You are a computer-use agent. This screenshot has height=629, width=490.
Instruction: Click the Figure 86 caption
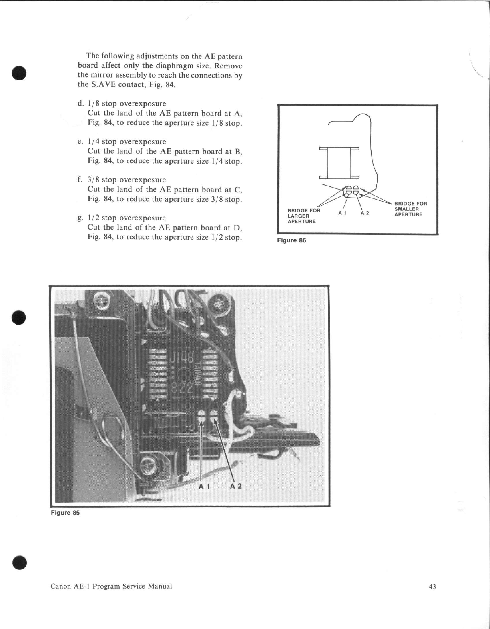coord(291,240)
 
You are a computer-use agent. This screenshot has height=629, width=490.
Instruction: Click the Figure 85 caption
coord(65,513)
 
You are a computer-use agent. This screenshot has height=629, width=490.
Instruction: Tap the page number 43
coord(432,587)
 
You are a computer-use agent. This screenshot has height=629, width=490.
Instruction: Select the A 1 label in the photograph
coord(205,486)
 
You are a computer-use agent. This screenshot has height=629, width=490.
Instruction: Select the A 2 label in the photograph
coord(236,486)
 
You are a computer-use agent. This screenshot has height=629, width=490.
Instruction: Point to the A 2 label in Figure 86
coord(365,213)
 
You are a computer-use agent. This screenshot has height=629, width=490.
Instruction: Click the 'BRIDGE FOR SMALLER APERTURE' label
coord(410,209)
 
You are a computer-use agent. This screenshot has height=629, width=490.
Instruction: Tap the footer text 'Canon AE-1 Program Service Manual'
coord(111,586)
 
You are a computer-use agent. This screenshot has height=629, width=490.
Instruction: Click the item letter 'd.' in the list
coord(80,104)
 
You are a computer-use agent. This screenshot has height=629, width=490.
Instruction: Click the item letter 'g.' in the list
coord(80,218)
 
